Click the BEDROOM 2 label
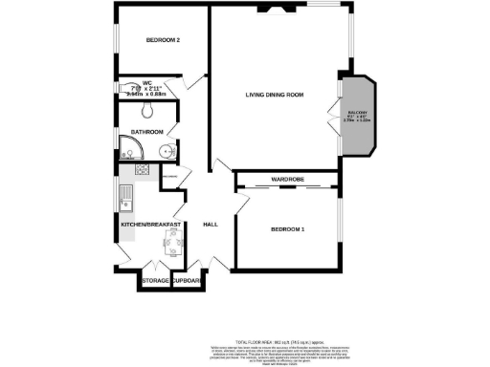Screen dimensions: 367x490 pyautogui.click(x=163, y=39)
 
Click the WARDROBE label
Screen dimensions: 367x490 pyautogui.click(x=287, y=179)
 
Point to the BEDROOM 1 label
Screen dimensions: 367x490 pyautogui.click(x=287, y=230)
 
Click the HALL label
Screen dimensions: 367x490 pyautogui.click(x=212, y=225)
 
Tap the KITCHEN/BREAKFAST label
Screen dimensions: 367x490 pyautogui.click(x=151, y=224)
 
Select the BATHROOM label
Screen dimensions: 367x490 pyautogui.click(x=147, y=132)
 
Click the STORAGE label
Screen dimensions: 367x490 pyautogui.click(x=154, y=281)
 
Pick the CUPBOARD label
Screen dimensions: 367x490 pyautogui.click(x=186, y=281)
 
